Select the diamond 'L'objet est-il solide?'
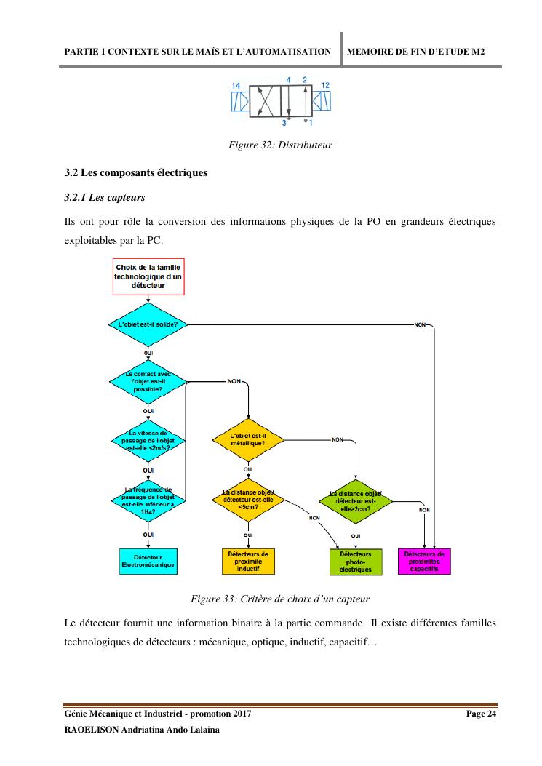tap(148, 324)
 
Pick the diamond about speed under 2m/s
tap(148, 440)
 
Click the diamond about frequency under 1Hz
tap(148, 500)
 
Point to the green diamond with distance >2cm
tap(356, 502)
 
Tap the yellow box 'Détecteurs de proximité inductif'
tap(248, 561)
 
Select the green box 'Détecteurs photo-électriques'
tap(356, 561)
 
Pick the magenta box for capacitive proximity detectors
tap(424, 561)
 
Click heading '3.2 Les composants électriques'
tap(136, 173)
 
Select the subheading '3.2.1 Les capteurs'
tap(104, 196)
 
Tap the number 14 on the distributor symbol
tap(236, 86)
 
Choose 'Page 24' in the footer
tap(481, 714)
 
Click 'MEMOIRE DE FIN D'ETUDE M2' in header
tap(416, 52)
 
